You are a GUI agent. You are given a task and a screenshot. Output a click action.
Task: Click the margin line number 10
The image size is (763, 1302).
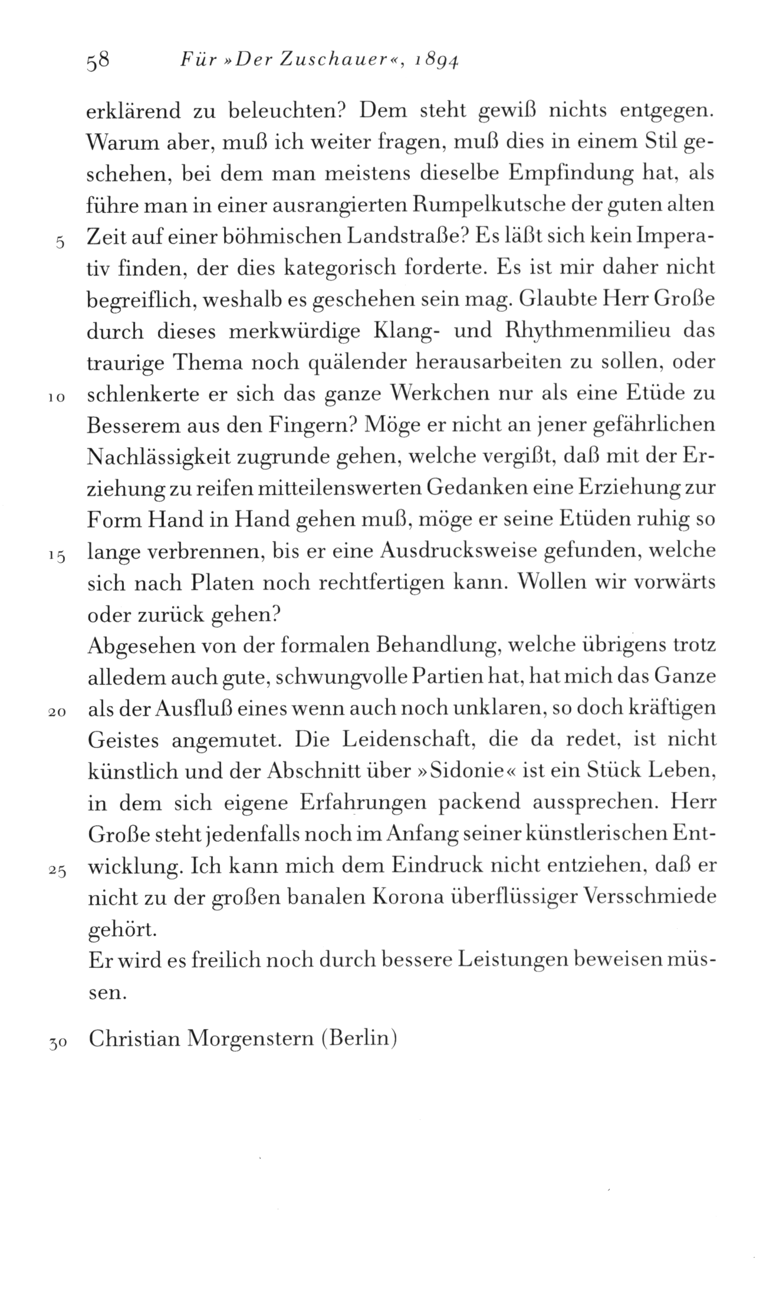tap(57, 398)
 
